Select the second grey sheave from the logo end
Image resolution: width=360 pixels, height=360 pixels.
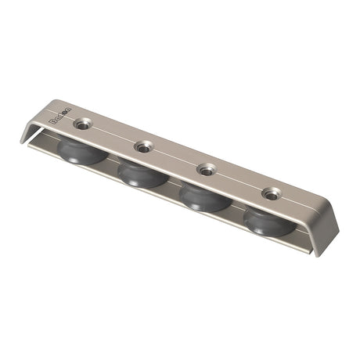tap(141, 174)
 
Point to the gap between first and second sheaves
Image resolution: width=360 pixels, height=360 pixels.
tap(112, 165)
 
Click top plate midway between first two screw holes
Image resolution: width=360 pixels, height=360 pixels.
tap(113, 135)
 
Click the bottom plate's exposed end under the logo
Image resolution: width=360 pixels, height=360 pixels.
tap(36, 143)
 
